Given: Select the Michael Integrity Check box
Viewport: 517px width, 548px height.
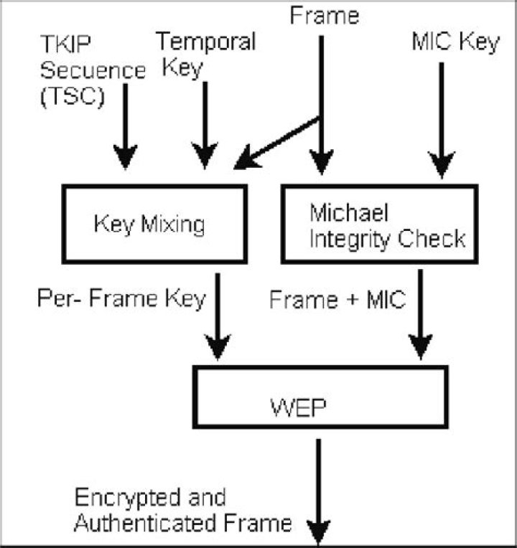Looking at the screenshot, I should [x=380, y=225].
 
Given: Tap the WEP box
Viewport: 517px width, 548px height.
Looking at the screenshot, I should [x=320, y=397].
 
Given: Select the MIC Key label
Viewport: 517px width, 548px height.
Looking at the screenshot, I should [x=455, y=42].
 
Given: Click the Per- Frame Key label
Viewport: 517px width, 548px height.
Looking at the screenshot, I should [x=121, y=298].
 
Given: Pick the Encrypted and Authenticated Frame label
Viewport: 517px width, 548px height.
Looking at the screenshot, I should [x=183, y=511].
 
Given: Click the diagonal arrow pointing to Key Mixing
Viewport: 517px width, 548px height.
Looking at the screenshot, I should [x=276, y=143].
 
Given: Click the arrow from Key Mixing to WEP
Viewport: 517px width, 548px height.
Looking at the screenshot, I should [x=217, y=320].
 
